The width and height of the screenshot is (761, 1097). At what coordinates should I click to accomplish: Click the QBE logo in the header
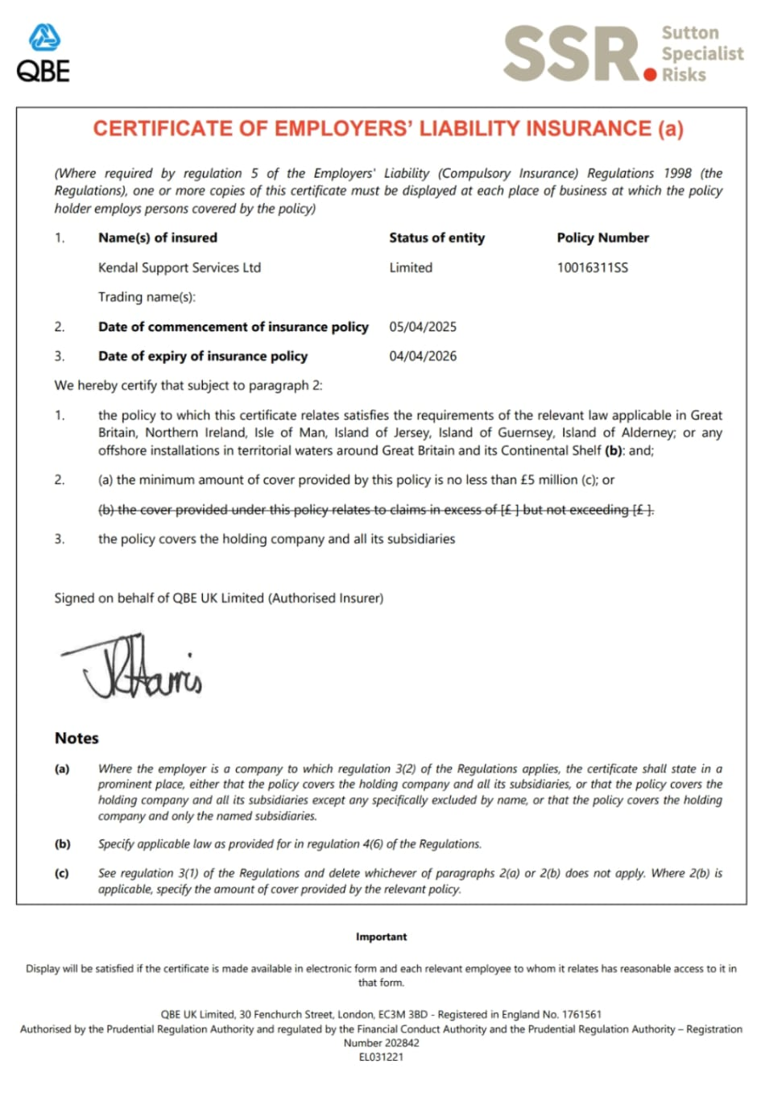[43, 54]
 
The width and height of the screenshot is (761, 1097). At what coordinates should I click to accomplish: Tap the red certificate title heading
[387, 129]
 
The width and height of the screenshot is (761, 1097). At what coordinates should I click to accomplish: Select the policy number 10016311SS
[592, 267]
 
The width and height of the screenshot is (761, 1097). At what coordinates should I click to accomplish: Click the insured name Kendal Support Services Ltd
[179, 267]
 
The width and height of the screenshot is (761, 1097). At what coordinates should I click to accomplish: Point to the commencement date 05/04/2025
[422, 327]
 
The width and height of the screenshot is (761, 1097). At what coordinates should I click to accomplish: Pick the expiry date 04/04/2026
[422, 356]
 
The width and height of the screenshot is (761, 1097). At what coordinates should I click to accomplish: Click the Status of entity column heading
[436, 238]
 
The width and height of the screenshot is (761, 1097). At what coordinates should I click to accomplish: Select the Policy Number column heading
[602, 238]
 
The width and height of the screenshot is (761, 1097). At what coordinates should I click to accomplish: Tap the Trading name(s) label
[147, 297]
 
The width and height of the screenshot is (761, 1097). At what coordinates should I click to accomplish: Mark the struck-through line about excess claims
[375, 510]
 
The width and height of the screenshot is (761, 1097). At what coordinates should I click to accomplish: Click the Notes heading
[77, 738]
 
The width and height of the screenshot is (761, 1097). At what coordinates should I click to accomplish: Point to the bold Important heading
[381, 937]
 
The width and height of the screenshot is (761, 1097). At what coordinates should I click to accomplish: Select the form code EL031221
[381, 1057]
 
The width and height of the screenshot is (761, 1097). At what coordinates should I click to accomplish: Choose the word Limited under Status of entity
[411, 267]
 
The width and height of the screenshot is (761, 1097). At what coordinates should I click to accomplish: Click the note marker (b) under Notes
[62, 844]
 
